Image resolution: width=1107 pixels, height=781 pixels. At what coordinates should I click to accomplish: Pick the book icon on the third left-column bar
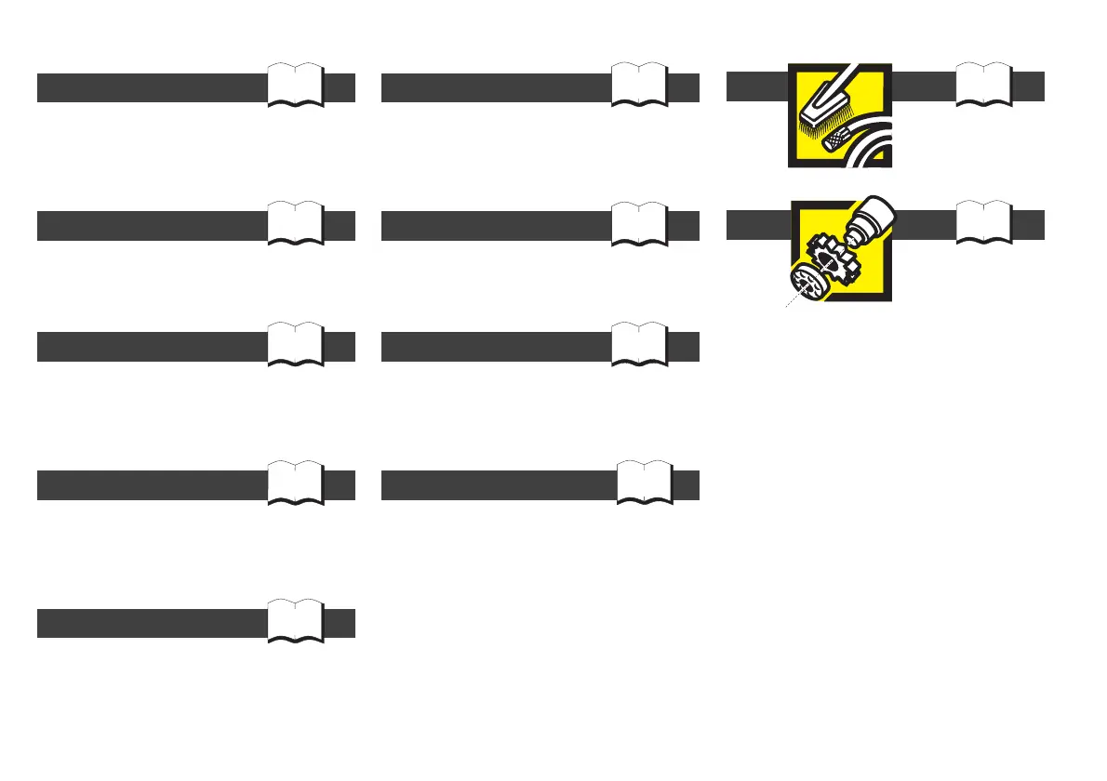(296, 345)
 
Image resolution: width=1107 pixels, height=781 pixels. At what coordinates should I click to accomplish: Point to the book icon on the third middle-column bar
(640, 345)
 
